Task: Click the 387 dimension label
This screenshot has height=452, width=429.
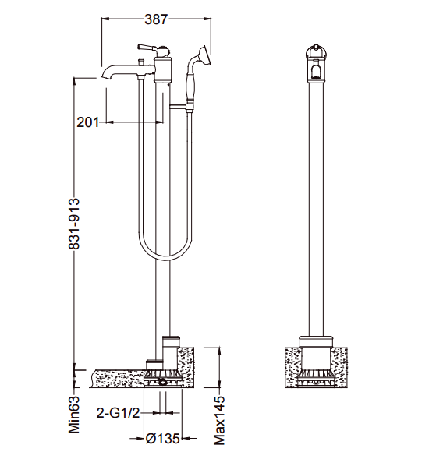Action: tap(156, 19)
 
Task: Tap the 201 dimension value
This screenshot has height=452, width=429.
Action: tap(87, 122)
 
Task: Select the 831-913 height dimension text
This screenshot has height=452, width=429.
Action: tap(73, 224)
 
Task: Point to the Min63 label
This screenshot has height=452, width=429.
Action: tap(74, 415)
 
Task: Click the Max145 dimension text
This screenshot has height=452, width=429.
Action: tap(219, 420)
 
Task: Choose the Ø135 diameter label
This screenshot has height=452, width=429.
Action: tap(163, 439)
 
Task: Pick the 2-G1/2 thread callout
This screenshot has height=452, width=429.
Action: tap(118, 413)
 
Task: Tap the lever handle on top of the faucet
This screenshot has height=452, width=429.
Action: tap(147, 48)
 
